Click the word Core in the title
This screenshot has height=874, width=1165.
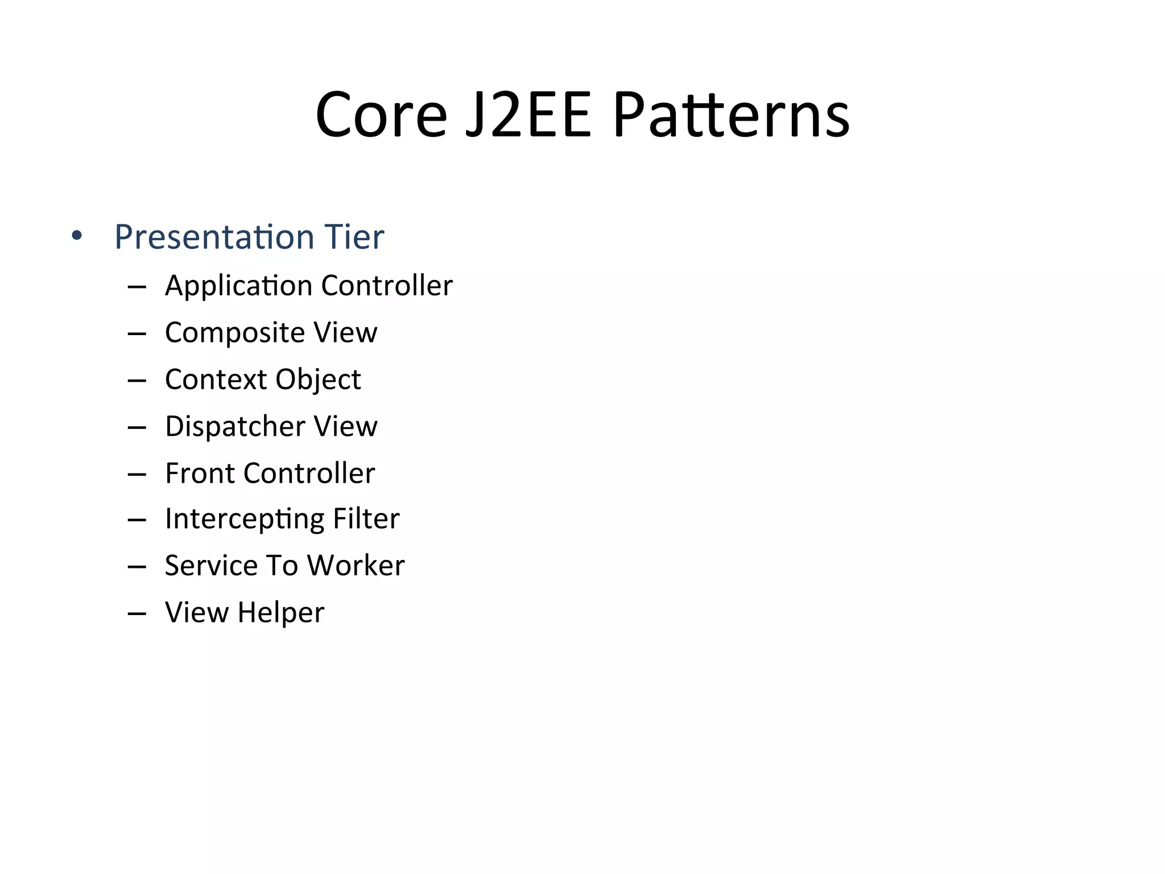(x=381, y=116)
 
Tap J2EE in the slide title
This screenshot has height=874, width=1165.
(x=528, y=116)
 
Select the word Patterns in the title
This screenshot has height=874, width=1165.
(x=731, y=116)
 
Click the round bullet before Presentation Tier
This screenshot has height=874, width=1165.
(x=77, y=236)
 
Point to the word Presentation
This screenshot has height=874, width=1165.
(x=214, y=237)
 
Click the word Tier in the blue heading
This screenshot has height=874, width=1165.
(x=354, y=237)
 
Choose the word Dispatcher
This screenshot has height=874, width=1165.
(x=234, y=427)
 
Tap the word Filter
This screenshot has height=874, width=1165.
(x=366, y=519)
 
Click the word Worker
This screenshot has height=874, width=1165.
(x=356, y=566)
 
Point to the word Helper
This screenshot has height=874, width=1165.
(x=281, y=613)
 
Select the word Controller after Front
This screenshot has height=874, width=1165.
(x=309, y=473)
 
